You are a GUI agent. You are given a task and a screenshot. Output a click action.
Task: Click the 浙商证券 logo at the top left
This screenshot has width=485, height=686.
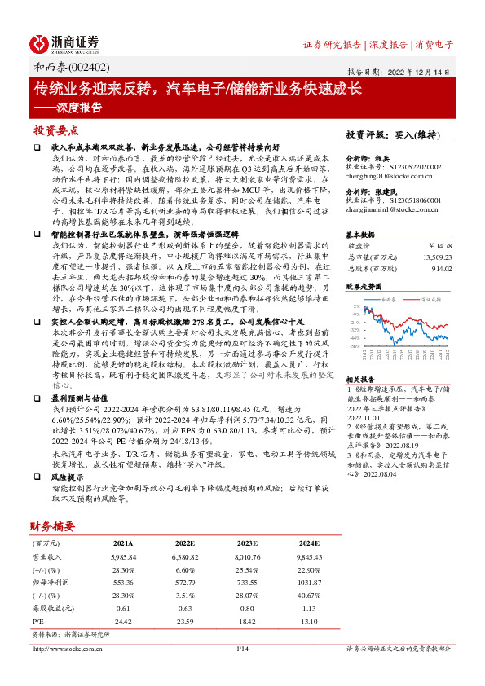pos(65,43)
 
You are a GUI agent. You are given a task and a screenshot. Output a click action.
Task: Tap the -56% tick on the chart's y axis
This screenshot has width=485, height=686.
pos(355,345)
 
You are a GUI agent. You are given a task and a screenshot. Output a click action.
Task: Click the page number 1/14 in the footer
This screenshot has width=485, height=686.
pos(242,649)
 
